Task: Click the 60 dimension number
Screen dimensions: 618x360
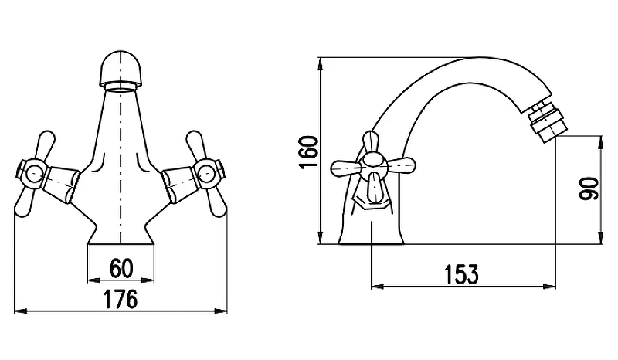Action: click(x=121, y=269)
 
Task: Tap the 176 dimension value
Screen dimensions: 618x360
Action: click(x=121, y=299)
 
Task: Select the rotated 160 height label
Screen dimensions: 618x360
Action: click(x=308, y=152)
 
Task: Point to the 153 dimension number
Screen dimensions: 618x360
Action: click(x=461, y=274)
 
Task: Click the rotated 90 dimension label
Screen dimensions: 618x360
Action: click(x=589, y=188)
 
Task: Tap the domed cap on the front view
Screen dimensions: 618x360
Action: click(x=120, y=69)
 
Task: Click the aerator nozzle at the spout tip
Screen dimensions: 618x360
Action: click(x=547, y=123)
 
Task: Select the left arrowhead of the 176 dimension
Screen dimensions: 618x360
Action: click(x=21, y=311)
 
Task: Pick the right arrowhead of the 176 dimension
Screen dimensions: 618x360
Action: click(x=221, y=311)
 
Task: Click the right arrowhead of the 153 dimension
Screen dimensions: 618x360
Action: click(x=549, y=287)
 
